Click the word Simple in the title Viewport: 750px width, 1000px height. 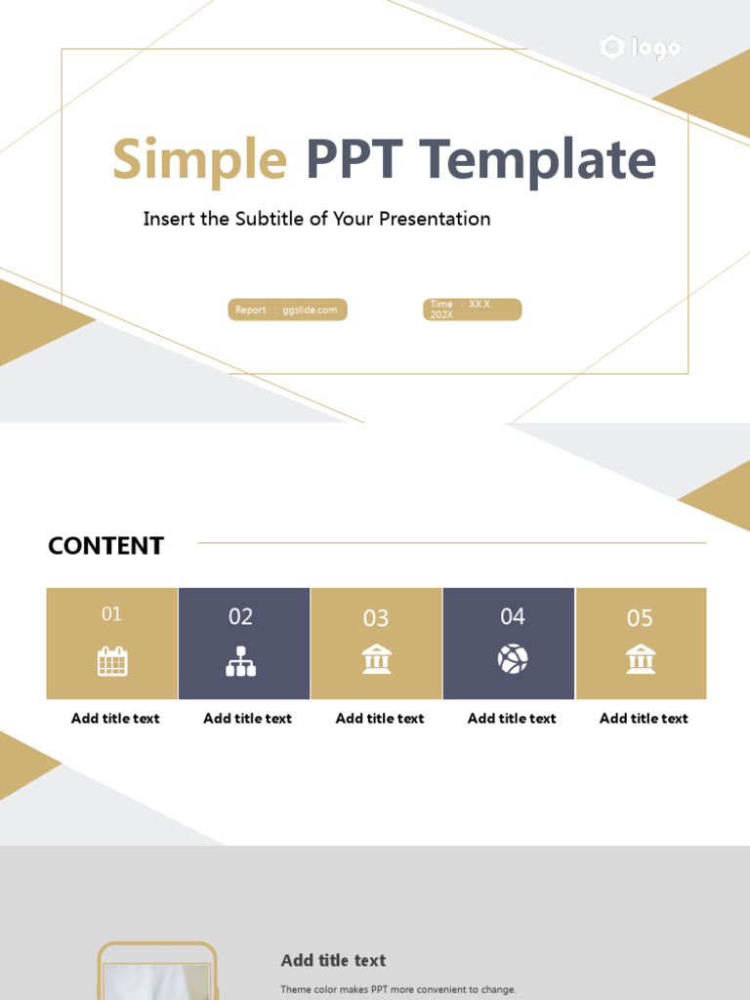(x=200, y=160)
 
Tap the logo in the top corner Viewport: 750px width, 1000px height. (x=641, y=47)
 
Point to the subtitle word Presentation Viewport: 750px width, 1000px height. (x=434, y=219)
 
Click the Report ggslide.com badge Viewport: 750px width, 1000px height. (x=287, y=310)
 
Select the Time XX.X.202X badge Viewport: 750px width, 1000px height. (x=472, y=310)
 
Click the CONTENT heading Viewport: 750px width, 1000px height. (x=105, y=546)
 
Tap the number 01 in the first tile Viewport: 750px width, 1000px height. (x=112, y=613)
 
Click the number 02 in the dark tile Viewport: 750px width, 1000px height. (x=240, y=616)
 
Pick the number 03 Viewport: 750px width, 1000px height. (x=376, y=618)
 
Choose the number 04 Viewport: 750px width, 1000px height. (x=513, y=616)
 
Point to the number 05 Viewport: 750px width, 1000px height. (x=640, y=618)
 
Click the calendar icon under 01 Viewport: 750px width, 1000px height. (x=112, y=661)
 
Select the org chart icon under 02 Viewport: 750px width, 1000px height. (x=240, y=661)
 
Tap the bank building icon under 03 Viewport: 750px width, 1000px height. (x=376, y=659)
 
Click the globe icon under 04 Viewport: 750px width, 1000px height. (x=513, y=659)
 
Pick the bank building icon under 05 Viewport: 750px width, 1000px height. (x=641, y=659)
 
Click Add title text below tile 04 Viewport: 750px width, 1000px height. (x=512, y=718)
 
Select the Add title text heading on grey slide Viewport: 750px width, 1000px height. (x=333, y=960)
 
